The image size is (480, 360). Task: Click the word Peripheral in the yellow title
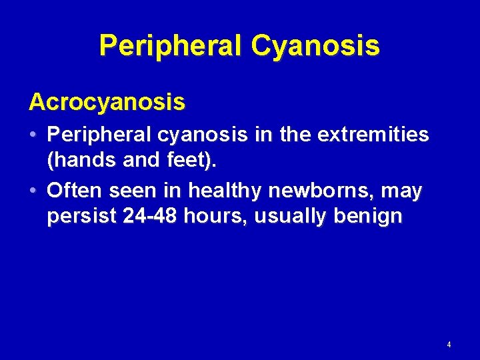click(x=171, y=46)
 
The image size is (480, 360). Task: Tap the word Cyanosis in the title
click(x=315, y=46)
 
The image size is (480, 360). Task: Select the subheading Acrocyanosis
click(x=107, y=103)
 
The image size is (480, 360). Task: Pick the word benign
click(x=369, y=217)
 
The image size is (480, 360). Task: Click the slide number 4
click(x=449, y=345)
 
